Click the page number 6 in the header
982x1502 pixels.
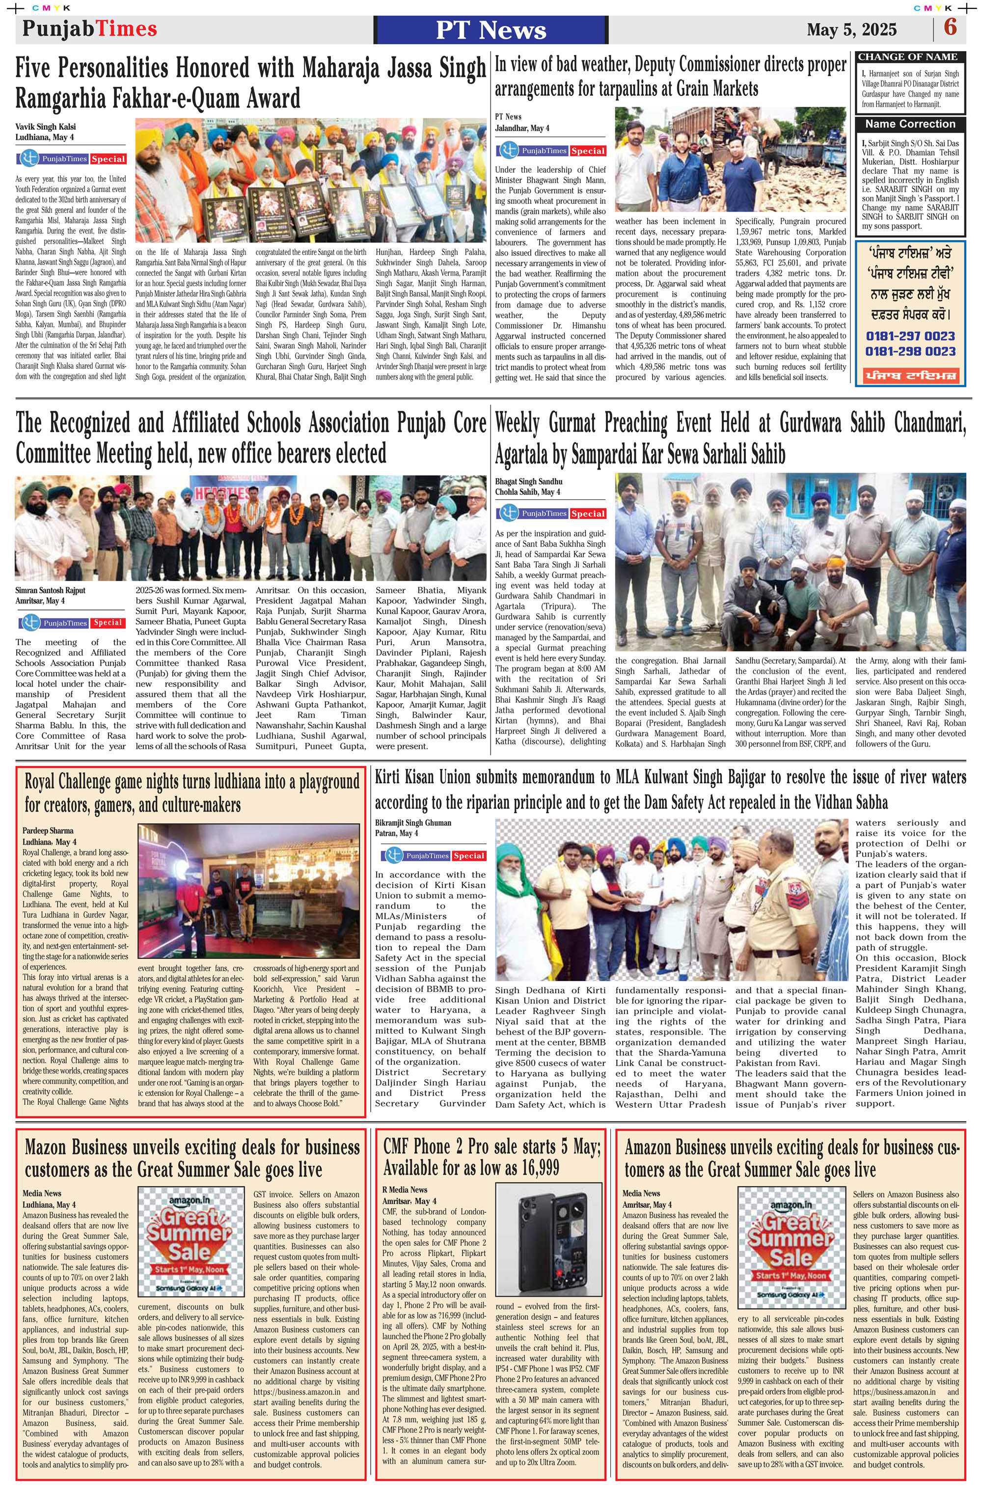[x=950, y=28]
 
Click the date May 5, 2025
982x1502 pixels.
[x=851, y=29]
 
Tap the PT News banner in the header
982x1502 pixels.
[x=491, y=29]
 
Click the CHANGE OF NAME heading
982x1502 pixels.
[x=907, y=57]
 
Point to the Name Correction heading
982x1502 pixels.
[x=909, y=124]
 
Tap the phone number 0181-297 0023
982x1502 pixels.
[x=909, y=336]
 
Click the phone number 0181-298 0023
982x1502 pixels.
[x=909, y=352]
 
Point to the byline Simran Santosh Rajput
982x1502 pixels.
[x=50, y=591]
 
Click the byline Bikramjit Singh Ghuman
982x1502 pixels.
[x=413, y=823]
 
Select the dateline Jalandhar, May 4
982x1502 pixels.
[x=522, y=128]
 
